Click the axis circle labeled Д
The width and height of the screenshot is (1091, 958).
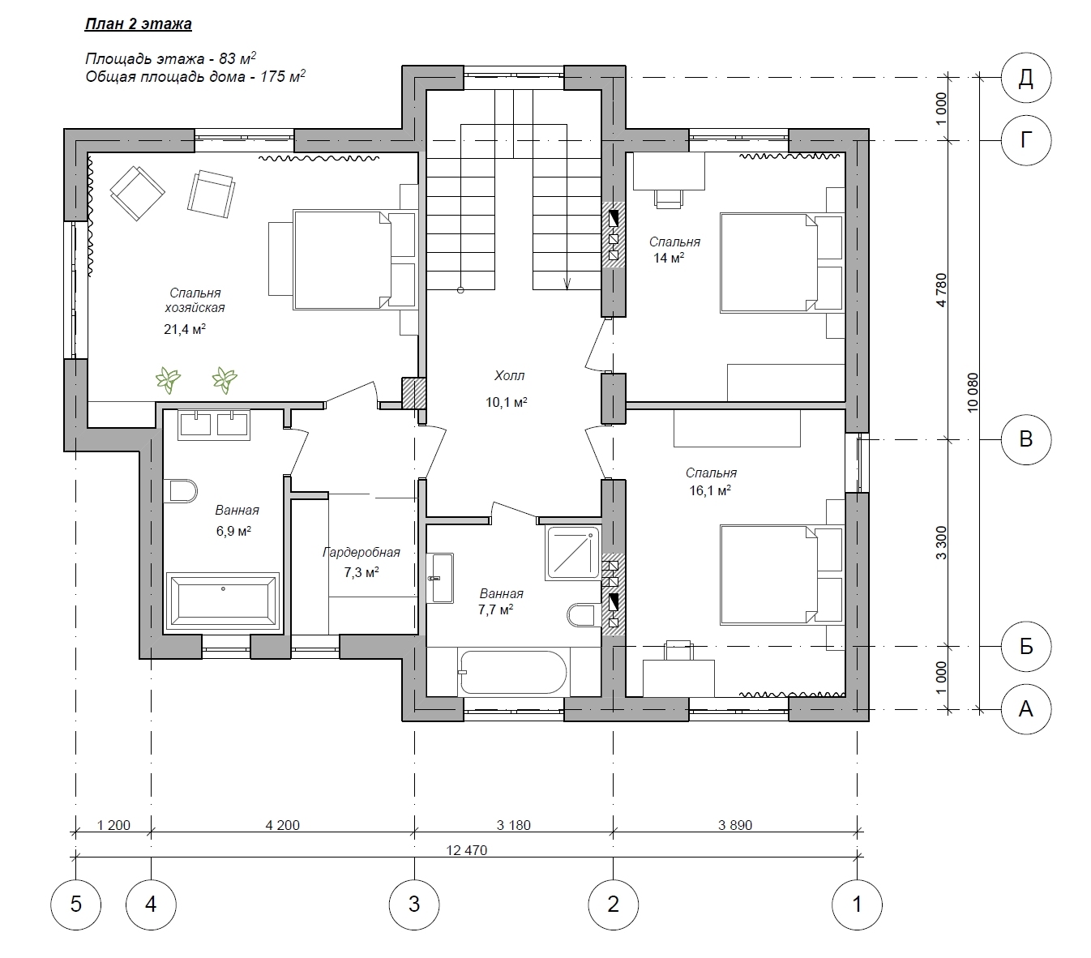click(x=1026, y=78)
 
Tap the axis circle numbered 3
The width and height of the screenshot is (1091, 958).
click(x=414, y=905)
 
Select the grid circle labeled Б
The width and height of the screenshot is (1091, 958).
click(x=1026, y=646)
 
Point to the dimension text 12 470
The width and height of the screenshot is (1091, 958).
click(x=466, y=850)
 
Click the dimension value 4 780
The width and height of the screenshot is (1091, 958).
click(x=941, y=290)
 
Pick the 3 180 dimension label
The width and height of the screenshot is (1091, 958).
click(x=513, y=825)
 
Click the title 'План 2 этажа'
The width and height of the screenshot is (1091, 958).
click(x=139, y=24)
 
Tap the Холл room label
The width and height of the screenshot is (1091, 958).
click(x=509, y=375)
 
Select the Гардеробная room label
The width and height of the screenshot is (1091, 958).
click(x=362, y=553)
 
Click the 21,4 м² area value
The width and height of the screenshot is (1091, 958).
click(x=185, y=328)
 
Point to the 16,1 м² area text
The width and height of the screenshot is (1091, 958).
click(x=710, y=490)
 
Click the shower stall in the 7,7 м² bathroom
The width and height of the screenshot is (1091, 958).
click(x=573, y=553)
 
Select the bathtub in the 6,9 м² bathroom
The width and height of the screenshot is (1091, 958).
click(x=223, y=601)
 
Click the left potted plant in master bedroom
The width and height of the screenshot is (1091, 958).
click(x=168, y=379)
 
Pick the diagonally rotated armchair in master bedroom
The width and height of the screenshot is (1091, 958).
click(x=137, y=192)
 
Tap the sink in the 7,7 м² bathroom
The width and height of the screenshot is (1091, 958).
click(x=440, y=578)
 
